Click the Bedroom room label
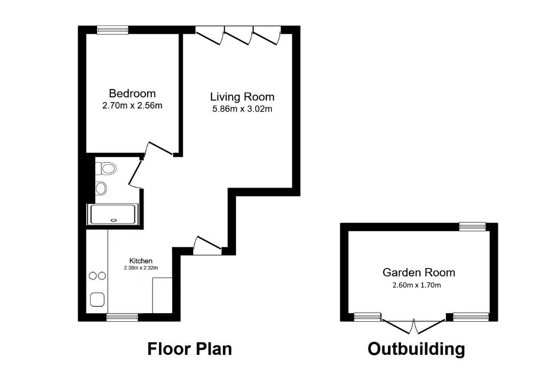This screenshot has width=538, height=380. click(132, 93)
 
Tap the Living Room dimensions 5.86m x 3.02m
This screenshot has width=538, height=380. click(242, 109)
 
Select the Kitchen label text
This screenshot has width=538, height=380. click(141, 261)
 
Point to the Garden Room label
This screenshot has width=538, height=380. click(419, 272)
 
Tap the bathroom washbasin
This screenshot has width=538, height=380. click(101, 188)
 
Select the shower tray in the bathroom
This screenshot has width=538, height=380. click(113, 215)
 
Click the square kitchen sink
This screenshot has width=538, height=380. click(97, 300)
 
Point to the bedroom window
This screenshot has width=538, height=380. click(113, 30)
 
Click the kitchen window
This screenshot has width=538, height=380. click(122, 318)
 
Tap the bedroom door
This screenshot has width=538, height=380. click(159, 148)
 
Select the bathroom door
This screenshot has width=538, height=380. click(135, 174)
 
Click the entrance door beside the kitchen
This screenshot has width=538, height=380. click(207, 245)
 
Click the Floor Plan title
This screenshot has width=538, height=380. click(190, 349)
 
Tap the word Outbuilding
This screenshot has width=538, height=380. click(416, 349)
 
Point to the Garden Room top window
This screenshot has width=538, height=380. click(473, 227)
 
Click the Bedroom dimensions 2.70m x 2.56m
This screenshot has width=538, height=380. click(132, 106)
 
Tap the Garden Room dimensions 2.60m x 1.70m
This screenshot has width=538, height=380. click(417, 284)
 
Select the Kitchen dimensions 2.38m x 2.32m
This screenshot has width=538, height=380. click(141, 268)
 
